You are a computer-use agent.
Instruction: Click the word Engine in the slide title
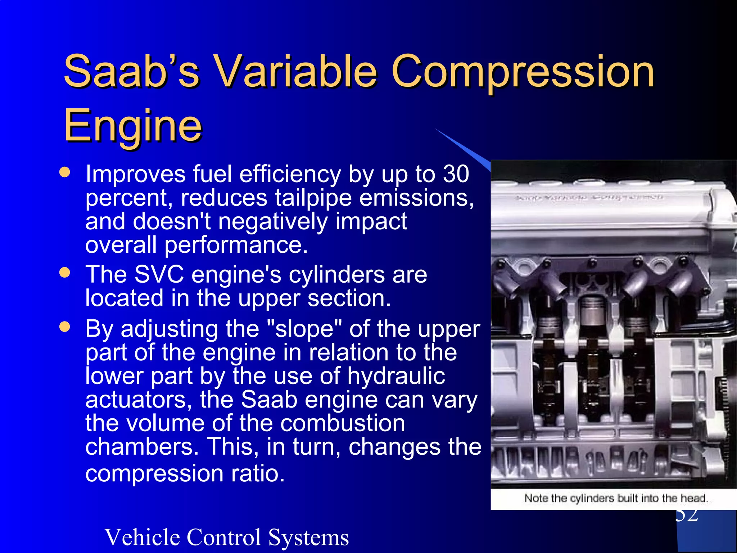pyautogui.click(x=133, y=126)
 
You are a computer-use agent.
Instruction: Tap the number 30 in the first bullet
pyautogui.click(x=456, y=174)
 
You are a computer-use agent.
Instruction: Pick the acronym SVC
pyautogui.click(x=159, y=274)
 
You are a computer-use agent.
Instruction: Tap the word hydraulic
pyautogui.click(x=396, y=376)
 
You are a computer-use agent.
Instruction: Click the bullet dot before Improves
pyautogui.click(x=65, y=172)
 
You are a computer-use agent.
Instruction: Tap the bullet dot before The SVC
pyautogui.click(x=65, y=273)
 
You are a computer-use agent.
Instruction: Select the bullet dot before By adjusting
pyautogui.click(x=65, y=327)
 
